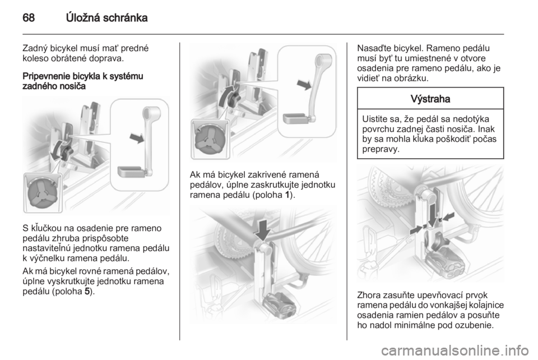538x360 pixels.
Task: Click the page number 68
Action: click(x=29, y=17)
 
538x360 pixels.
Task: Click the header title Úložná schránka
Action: click(x=106, y=17)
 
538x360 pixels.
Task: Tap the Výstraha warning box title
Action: click(x=430, y=99)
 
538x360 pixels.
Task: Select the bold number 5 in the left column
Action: click(x=87, y=292)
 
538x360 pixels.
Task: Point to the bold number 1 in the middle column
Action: click(x=287, y=195)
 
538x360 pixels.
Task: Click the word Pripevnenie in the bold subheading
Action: click(x=44, y=76)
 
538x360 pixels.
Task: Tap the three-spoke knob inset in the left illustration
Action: click(x=41, y=193)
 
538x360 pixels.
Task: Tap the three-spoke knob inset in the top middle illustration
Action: click(x=209, y=139)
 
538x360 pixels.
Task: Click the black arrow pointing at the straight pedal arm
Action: click(x=137, y=139)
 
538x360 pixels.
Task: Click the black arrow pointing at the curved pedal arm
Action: click(x=304, y=85)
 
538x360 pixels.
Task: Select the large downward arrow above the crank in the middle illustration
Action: click(x=263, y=230)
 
